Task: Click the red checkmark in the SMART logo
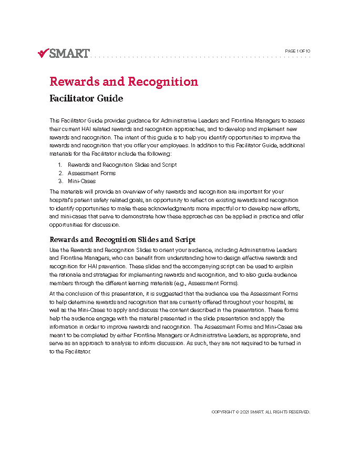click(x=43, y=53)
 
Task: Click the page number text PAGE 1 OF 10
click(x=297, y=51)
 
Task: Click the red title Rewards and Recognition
click(x=124, y=82)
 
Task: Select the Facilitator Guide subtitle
click(x=86, y=98)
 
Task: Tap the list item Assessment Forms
click(x=91, y=173)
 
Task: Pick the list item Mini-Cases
click(x=81, y=181)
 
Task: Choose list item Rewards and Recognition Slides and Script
click(x=122, y=165)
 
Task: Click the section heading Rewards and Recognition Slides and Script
click(x=122, y=240)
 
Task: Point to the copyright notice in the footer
click(x=261, y=412)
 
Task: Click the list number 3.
click(x=60, y=181)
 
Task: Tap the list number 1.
click(x=60, y=165)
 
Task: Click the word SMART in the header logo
click(x=69, y=53)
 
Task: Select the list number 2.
click(x=60, y=173)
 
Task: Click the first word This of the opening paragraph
click(x=54, y=120)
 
